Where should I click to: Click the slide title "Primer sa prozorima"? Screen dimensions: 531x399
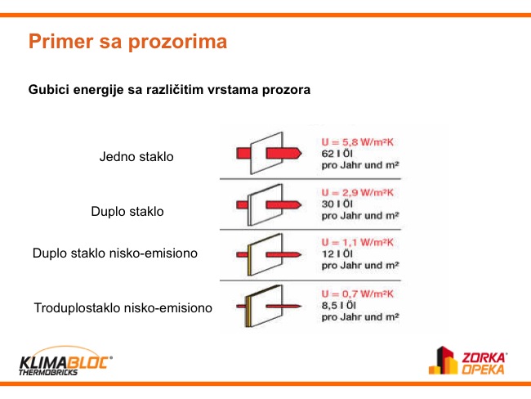pyautogui.click(x=127, y=42)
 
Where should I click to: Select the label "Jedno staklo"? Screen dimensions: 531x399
pyautogui.click(x=136, y=157)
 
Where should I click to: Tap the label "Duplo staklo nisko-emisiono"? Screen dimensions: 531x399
pyautogui.click(x=115, y=253)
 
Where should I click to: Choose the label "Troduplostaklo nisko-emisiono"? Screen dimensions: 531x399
pyautogui.click(x=123, y=307)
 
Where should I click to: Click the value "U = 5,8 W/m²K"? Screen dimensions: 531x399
pyautogui.click(x=358, y=142)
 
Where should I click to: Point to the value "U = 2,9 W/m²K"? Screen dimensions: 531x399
pyautogui.click(x=358, y=193)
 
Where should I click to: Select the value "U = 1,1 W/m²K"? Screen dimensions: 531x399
pyautogui.click(x=358, y=242)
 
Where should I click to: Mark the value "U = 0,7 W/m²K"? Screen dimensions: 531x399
pyautogui.click(x=358, y=294)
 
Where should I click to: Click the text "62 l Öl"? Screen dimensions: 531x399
pyautogui.click(x=337, y=154)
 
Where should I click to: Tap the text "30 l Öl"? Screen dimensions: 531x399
pyautogui.click(x=337, y=204)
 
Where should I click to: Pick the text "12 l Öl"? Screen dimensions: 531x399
pyautogui.click(x=337, y=254)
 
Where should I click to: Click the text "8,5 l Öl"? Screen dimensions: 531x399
pyautogui.click(x=339, y=306)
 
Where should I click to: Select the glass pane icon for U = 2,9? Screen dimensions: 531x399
pyautogui.click(x=265, y=205)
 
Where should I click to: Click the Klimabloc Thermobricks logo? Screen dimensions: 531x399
pyautogui.click(x=65, y=361)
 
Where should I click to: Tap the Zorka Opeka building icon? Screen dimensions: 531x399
pyautogui.click(x=443, y=361)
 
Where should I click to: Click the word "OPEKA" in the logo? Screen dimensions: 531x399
pyautogui.click(x=483, y=370)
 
